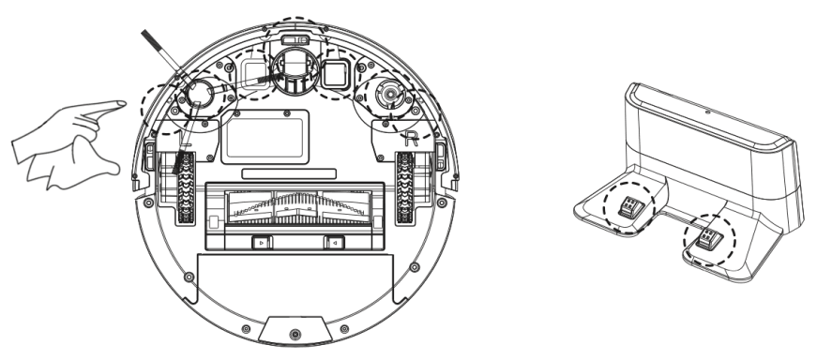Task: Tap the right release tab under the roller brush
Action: tap(330, 243)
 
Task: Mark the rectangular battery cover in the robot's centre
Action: tap(263, 134)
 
